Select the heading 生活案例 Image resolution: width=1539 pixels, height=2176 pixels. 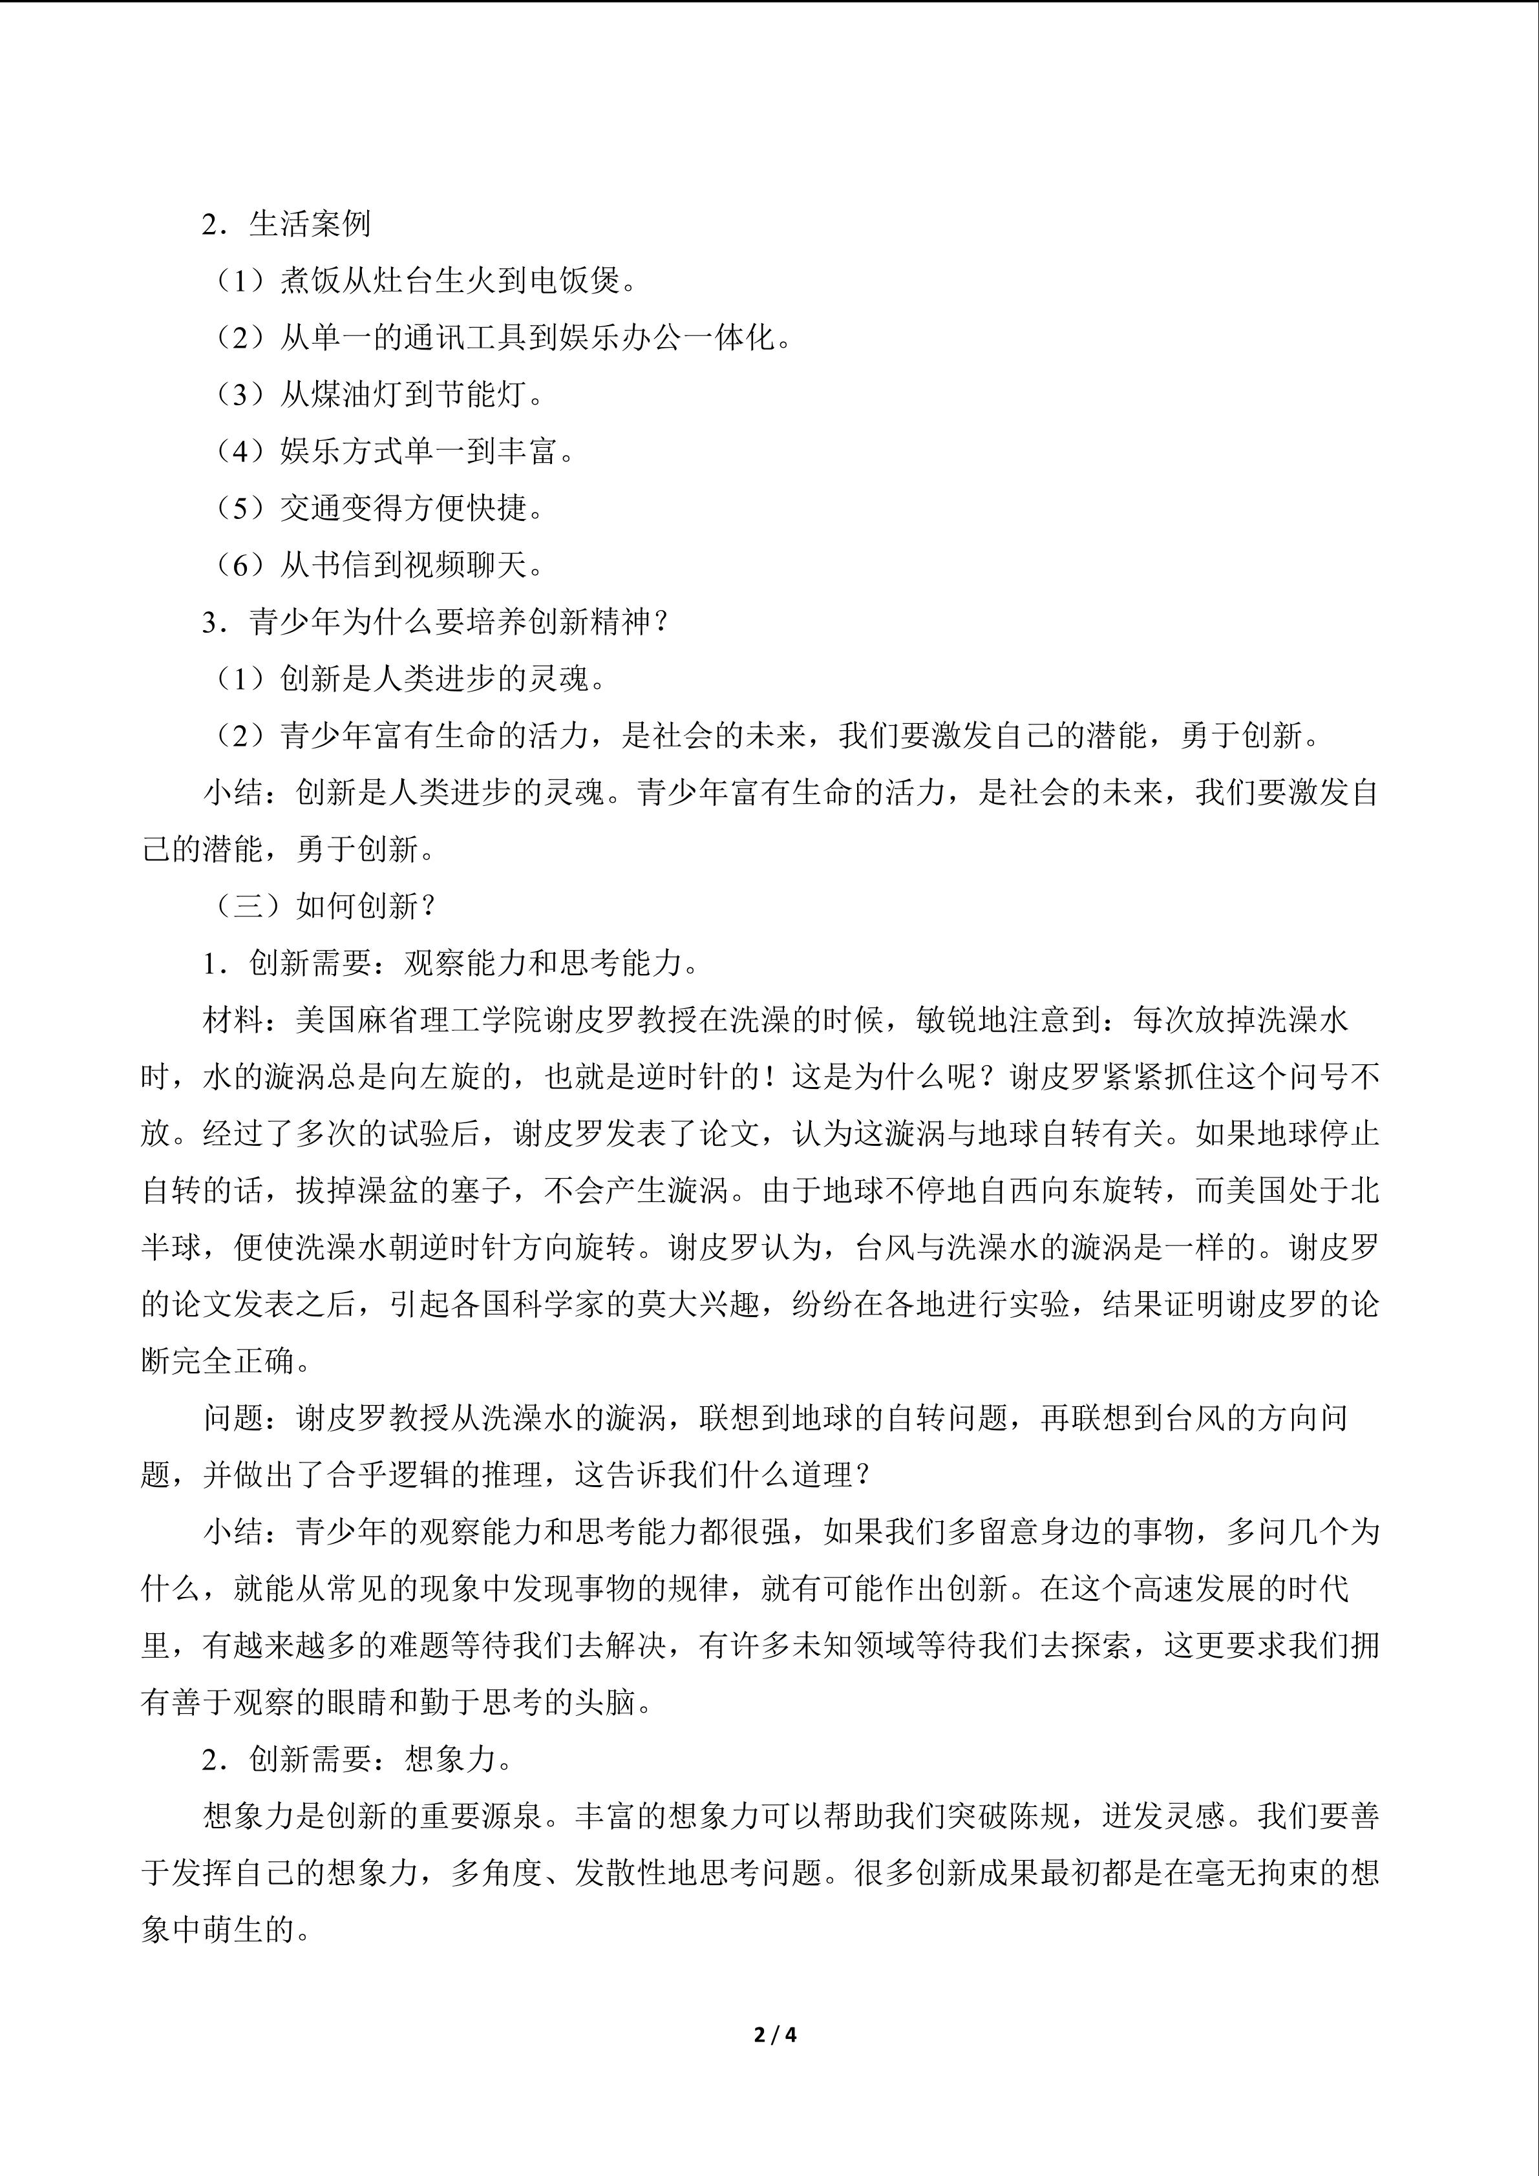[309, 225]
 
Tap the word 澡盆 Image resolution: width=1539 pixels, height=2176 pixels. [449, 1190]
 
